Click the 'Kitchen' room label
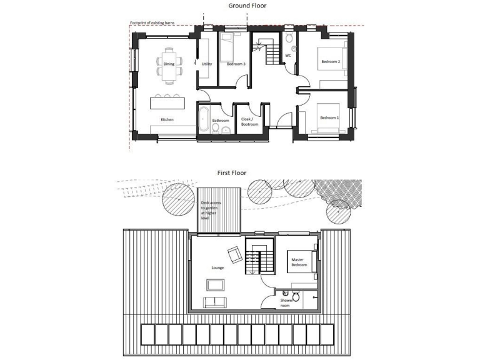[167, 119]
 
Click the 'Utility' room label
[207, 64]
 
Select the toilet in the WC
[289, 40]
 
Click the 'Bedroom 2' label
[330, 62]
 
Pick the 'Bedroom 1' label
[329, 118]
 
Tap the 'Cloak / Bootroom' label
[250, 121]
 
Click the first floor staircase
[259, 256]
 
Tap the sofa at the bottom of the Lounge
[216, 302]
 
